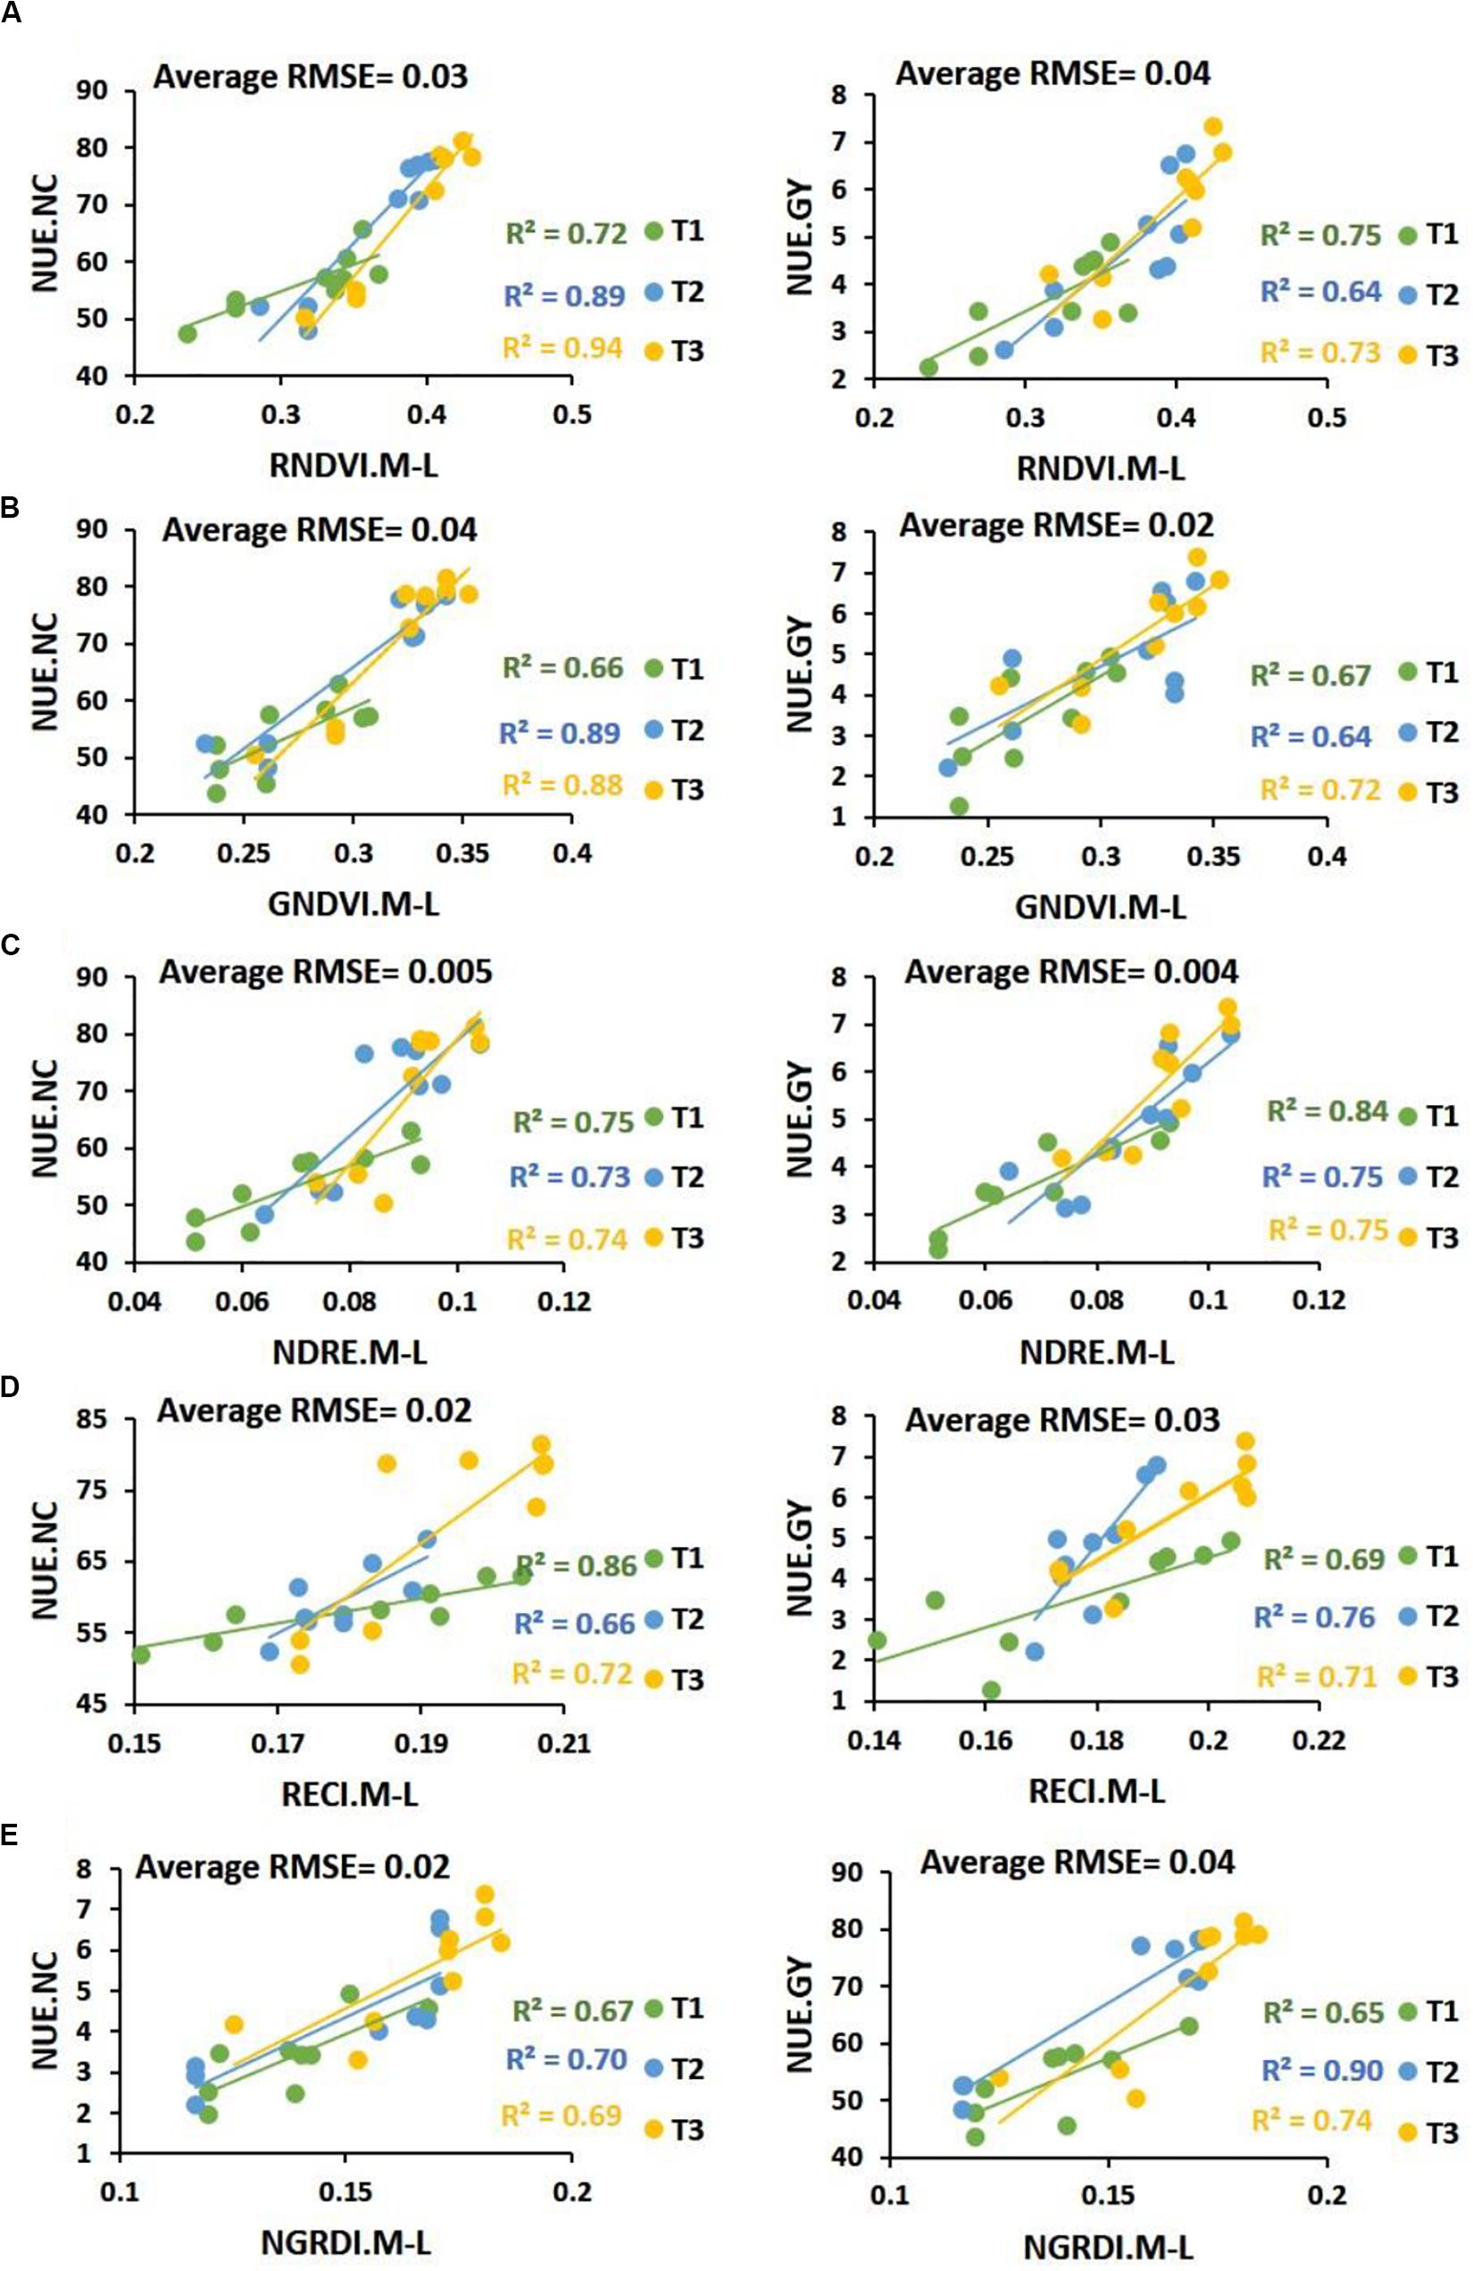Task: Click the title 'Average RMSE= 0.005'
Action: pyautogui.click(x=325, y=972)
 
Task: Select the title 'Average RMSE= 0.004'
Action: pyautogui.click(x=1071, y=972)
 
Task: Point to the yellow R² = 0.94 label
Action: pyautogui.click(x=562, y=348)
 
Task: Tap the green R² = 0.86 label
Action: pyautogui.click(x=576, y=1567)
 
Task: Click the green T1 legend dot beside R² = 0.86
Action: pyautogui.click(x=653, y=1559)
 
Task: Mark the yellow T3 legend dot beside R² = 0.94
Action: pyautogui.click(x=653, y=352)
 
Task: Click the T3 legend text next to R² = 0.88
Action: pyautogui.click(x=687, y=790)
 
